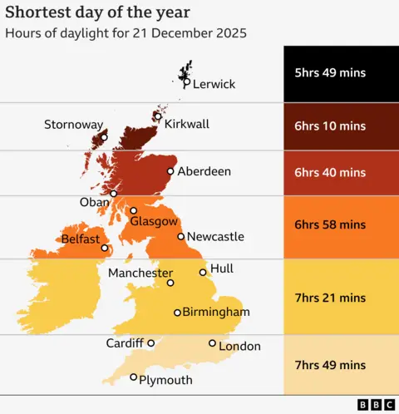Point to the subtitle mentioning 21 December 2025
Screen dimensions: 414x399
point(126,34)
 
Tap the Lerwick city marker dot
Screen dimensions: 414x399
point(186,83)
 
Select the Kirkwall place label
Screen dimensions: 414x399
point(187,124)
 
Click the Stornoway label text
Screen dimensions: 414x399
point(74,125)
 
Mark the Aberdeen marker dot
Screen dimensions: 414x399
point(170,172)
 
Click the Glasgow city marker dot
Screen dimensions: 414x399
point(133,210)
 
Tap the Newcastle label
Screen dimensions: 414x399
point(215,237)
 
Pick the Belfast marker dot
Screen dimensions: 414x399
point(105,248)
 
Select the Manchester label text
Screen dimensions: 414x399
point(140,273)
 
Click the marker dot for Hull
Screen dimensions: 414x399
point(203,272)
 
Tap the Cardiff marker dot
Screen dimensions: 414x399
point(150,343)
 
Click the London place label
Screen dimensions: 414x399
point(240,346)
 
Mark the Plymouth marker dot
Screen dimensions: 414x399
point(133,377)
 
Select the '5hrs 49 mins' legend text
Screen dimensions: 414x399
point(330,73)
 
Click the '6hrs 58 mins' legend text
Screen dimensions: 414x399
point(330,224)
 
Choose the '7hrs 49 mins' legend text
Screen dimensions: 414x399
point(330,365)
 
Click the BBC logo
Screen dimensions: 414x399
point(376,405)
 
